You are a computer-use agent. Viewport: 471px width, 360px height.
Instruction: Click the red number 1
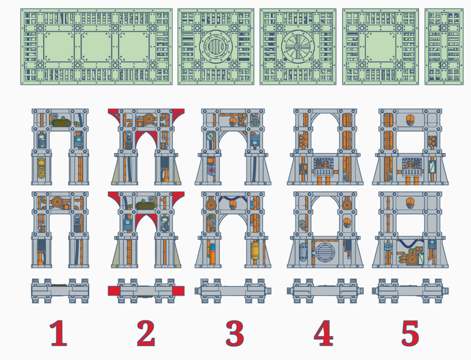(58, 333)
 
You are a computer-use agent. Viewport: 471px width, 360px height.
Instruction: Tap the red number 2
(146, 333)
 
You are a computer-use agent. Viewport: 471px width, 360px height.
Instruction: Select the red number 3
(235, 333)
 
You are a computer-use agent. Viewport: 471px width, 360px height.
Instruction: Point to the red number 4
(323, 333)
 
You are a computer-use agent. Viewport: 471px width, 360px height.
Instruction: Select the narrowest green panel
(444, 46)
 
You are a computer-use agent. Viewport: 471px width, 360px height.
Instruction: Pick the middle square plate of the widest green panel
(97, 46)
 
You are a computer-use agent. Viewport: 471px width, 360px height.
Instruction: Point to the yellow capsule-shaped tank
(254, 251)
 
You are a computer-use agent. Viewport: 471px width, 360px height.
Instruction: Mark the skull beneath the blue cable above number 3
(232, 204)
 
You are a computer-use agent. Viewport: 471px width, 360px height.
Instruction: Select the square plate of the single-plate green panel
(380, 46)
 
